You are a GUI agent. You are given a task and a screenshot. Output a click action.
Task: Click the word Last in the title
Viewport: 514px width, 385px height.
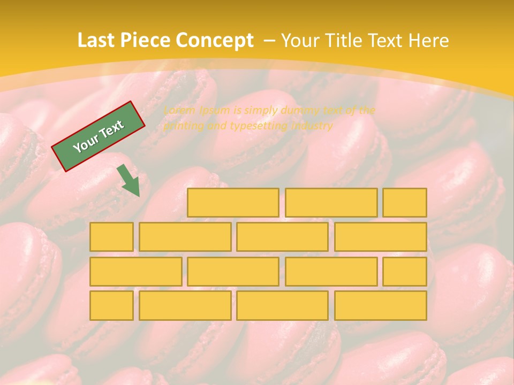pos(96,41)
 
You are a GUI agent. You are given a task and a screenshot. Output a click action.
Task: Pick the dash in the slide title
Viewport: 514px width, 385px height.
pos(270,41)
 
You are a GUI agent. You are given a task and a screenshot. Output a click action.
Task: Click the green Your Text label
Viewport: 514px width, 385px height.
pos(99,136)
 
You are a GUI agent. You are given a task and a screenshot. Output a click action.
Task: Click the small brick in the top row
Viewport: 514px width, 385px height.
pos(405,203)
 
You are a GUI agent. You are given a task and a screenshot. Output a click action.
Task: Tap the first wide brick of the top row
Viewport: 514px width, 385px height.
pos(233,203)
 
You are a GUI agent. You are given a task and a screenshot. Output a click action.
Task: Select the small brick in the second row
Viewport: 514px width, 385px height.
pos(111,237)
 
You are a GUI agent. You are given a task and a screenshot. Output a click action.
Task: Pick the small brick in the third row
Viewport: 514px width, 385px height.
pos(405,271)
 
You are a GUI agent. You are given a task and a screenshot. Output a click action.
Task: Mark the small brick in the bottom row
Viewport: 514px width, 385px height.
pos(111,305)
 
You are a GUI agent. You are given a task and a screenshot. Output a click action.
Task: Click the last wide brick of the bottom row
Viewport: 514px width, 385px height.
pos(381,305)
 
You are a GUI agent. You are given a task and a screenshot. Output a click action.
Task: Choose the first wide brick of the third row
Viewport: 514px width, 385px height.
pos(135,271)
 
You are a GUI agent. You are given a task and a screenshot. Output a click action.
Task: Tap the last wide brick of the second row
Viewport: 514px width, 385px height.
pos(381,237)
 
